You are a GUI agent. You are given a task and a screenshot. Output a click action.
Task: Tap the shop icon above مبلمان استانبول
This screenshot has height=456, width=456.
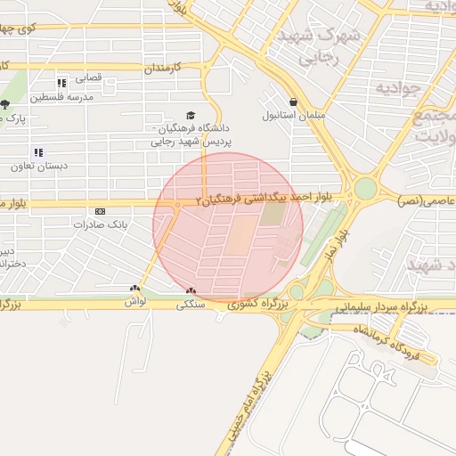[x=294, y=102]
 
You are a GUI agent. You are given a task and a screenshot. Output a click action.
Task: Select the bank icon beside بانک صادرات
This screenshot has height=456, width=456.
[x=100, y=211]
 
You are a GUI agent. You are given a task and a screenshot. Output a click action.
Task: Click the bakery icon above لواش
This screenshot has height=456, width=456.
[x=134, y=289]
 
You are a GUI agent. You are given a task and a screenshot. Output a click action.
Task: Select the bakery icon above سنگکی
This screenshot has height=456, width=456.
[x=191, y=290]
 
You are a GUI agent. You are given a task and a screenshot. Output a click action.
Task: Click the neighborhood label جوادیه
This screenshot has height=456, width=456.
[x=395, y=88]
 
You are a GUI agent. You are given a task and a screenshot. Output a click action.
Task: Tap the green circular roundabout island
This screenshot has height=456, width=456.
[x=365, y=189]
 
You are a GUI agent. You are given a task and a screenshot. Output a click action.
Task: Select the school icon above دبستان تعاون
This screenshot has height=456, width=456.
[x=37, y=152]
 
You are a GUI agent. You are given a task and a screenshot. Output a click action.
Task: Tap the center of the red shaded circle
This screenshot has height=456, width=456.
[x=228, y=227]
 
